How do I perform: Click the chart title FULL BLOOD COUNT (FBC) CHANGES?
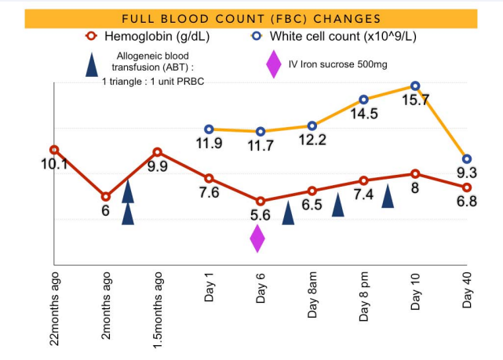(x=251, y=18)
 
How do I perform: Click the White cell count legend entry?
(x=325, y=37)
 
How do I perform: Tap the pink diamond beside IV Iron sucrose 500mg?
(x=274, y=64)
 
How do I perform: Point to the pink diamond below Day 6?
(x=257, y=238)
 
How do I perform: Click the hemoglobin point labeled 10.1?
(x=53, y=149)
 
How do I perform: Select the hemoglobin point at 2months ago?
(x=105, y=196)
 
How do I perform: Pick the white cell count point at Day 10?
(x=415, y=85)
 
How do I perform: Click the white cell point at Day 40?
(x=467, y=158)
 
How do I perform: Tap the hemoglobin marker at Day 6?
(x=261, y=202)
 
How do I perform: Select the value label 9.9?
(x=158, y=166)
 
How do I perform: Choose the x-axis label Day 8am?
(x=313, y=299)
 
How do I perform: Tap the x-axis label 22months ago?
(x=54, y=310)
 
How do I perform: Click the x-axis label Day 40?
(x=468, y=291)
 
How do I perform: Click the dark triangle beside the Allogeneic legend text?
(x=93, y=64)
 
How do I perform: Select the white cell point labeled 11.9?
(x=209, y=129)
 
